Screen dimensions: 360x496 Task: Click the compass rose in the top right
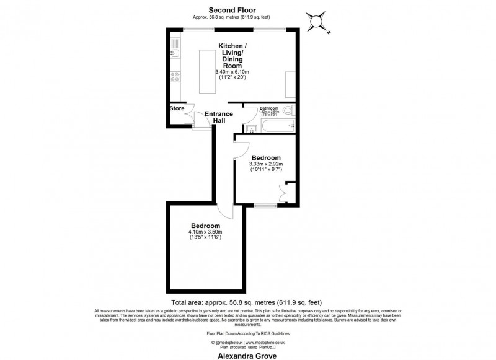317,22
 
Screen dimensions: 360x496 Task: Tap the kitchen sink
175,53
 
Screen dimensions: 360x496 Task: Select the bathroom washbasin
252,128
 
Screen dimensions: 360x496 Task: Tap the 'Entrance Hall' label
219,117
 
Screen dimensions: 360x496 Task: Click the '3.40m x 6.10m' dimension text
231,72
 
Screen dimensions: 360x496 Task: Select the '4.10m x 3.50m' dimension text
205,232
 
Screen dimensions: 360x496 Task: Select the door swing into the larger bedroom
228,211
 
